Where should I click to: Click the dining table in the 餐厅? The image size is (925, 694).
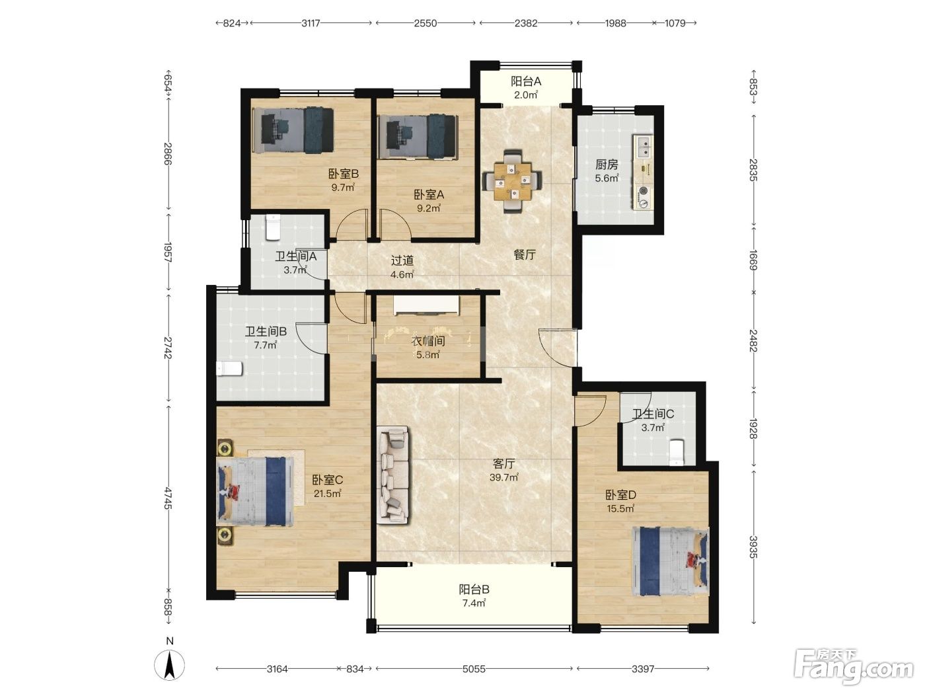513,182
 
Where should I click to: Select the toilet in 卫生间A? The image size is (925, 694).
273,227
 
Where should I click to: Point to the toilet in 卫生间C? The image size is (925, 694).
677,453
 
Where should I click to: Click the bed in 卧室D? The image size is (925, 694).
670,561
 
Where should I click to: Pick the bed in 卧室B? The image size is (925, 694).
293,130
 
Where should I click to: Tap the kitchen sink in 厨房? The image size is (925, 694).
643,147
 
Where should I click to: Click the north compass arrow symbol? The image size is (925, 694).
169,666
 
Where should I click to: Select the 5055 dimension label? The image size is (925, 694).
474,669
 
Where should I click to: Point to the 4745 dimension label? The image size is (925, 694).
168,498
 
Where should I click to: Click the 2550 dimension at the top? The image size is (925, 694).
425,23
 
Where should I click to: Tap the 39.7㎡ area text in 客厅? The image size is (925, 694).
503,477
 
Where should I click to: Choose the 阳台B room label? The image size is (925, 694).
474,589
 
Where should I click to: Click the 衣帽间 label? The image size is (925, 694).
428,341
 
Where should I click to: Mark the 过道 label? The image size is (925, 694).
402,261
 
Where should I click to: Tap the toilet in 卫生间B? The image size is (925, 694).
229,369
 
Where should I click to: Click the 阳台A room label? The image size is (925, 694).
526,81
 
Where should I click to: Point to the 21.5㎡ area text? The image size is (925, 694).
328,494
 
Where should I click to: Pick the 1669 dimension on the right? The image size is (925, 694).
753,260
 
